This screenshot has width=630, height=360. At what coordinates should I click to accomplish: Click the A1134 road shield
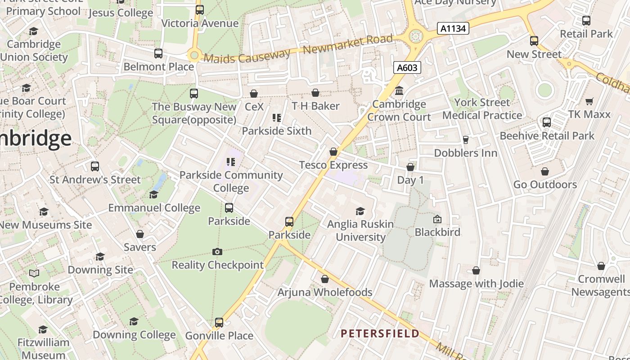453,29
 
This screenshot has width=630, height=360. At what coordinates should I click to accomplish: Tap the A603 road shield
407,67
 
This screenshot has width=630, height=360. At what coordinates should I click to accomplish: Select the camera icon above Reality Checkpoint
217,252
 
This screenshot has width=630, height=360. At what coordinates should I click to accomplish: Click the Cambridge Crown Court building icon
399,91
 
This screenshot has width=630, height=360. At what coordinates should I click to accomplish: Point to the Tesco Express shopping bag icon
333,152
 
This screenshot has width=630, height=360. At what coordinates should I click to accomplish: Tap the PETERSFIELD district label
380,333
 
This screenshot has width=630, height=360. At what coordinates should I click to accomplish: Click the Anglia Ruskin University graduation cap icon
360,211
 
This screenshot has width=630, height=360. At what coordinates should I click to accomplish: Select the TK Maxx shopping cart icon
589,101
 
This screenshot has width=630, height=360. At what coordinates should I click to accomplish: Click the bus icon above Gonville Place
219,323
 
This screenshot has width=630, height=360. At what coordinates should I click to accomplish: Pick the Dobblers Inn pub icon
466,140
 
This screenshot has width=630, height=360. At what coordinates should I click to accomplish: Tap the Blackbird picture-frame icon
437,220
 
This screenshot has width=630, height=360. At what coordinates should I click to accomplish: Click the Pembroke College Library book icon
34,273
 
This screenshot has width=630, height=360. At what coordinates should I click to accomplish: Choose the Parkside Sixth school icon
277,118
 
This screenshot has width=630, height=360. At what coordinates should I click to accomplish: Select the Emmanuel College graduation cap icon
154,195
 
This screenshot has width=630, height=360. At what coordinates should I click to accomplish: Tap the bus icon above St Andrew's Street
95,166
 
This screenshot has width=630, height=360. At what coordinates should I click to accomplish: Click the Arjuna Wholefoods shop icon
325,279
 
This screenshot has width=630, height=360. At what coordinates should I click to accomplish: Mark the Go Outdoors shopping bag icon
545,171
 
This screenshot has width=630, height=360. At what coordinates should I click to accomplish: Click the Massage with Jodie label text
476,283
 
